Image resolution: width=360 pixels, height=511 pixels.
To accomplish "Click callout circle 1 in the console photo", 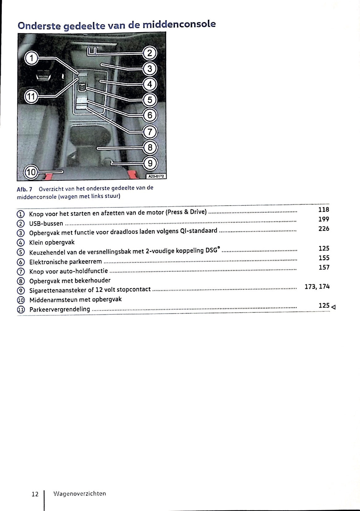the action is pyautogui.click(x=32, y=58).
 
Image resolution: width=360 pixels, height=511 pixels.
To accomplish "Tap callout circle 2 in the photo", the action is pyautogui.click(x=150, y=53).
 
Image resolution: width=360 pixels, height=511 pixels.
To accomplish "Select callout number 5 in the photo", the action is pyautogui.click(x=150, y=100).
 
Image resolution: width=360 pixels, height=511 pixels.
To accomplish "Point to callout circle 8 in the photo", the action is pyautogui.click(x=150, y=147).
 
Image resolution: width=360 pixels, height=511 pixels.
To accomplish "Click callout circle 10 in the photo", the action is pyautogui.click(x=31, y=172).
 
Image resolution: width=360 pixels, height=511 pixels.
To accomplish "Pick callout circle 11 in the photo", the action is pyautogui.click(x=31, y=96).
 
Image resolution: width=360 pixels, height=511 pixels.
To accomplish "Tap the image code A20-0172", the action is pyautogui.click(x=156, y=176).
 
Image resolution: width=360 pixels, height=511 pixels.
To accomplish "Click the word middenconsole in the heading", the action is pyautogui.click(x=179, y=24).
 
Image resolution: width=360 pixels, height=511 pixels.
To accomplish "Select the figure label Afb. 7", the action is pyautogui.click(x=24, y=189).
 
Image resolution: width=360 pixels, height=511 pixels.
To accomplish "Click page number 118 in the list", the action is pyautogui.click(x=324, y=209).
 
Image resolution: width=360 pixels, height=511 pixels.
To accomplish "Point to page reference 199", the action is pyautogui.click(x=324, y=219).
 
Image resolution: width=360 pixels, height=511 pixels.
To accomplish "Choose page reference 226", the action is pyautogui.click(x=324, y=228).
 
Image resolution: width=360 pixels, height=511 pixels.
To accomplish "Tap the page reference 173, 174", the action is pyautogui.click(x=317, y=287).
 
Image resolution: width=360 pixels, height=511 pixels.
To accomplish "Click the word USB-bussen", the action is pyautogui.click(x=46, y=224).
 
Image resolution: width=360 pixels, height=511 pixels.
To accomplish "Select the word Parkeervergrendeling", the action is pyautogui.click(x=60, y=309).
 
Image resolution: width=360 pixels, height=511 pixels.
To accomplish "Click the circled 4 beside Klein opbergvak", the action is pyautogui.click(x=20, y=243).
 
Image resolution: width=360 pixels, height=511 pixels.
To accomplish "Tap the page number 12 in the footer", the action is pyautogui.click(x=35, y=494).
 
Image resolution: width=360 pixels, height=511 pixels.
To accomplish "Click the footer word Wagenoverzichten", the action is pyautogui.click(x=79, y=494).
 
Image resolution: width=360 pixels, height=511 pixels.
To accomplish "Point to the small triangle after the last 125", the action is pyautogui.click(x=333, y=307).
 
